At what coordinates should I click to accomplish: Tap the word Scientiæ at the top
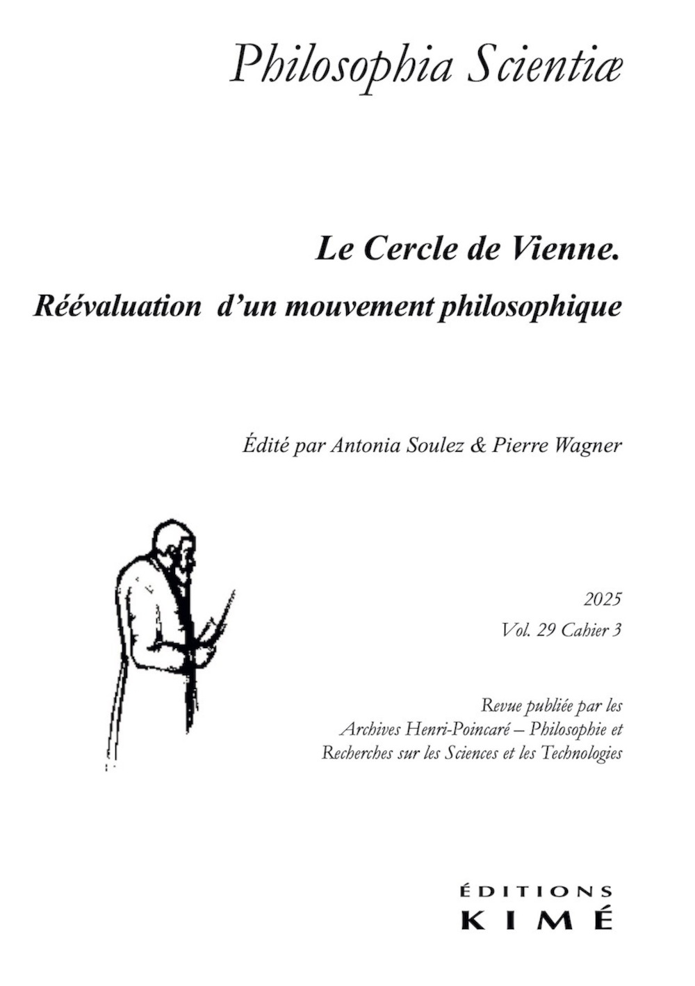[x=545, y=64]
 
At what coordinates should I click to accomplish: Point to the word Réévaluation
[x=117, y=306]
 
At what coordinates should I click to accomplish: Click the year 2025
[x=603, y=599]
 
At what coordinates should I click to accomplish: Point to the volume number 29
[x=546, y=631]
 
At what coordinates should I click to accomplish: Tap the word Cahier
[x=582, y=631]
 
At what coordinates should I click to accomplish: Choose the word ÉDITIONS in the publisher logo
[x=537, y=892]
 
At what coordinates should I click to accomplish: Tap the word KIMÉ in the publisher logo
[x=537, y=919]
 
